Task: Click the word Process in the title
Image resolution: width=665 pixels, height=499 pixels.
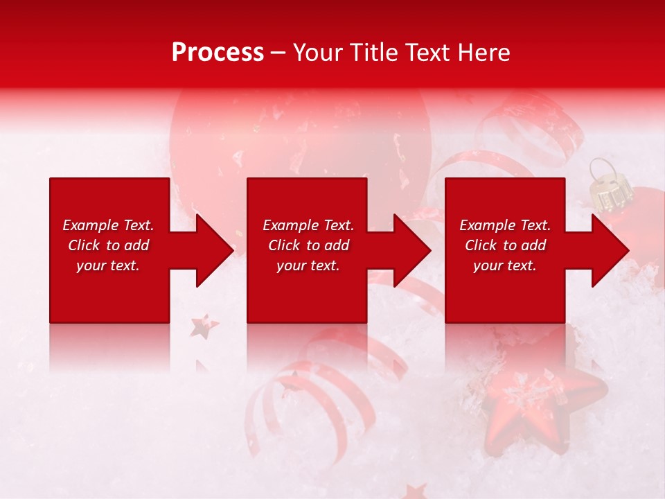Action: pos(218,53)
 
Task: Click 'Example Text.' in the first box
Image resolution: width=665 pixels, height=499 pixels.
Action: pos(108,225)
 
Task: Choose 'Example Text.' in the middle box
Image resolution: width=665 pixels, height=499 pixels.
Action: pos(308,225)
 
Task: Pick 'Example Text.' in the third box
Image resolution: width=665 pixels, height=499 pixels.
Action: pos(505,225)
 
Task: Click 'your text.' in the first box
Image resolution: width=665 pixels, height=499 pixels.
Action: pos(108,265)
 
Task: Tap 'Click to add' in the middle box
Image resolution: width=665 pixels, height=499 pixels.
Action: pos(308,245)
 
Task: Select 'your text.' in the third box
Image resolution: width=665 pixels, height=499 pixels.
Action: pos(505,265)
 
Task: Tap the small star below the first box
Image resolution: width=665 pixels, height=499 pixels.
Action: pos(204,326)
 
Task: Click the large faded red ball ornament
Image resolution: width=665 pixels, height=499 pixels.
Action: pos(298,139)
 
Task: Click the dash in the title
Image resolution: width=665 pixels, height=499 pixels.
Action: pos(278,53)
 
